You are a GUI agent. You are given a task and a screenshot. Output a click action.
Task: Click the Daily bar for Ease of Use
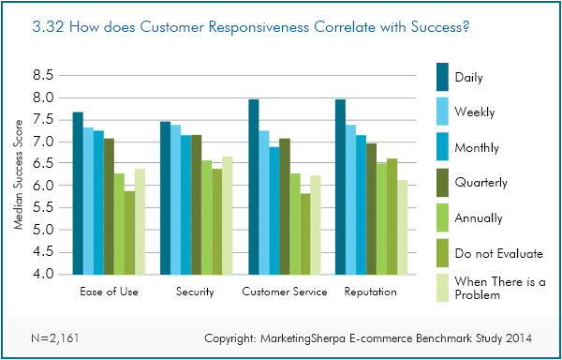79,193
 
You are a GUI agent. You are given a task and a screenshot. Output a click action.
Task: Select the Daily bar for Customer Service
254,187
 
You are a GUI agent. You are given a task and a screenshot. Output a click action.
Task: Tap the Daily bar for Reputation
342,187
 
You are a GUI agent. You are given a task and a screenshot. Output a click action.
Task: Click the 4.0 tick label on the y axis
44,275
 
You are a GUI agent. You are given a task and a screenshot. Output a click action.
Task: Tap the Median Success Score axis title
18,178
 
